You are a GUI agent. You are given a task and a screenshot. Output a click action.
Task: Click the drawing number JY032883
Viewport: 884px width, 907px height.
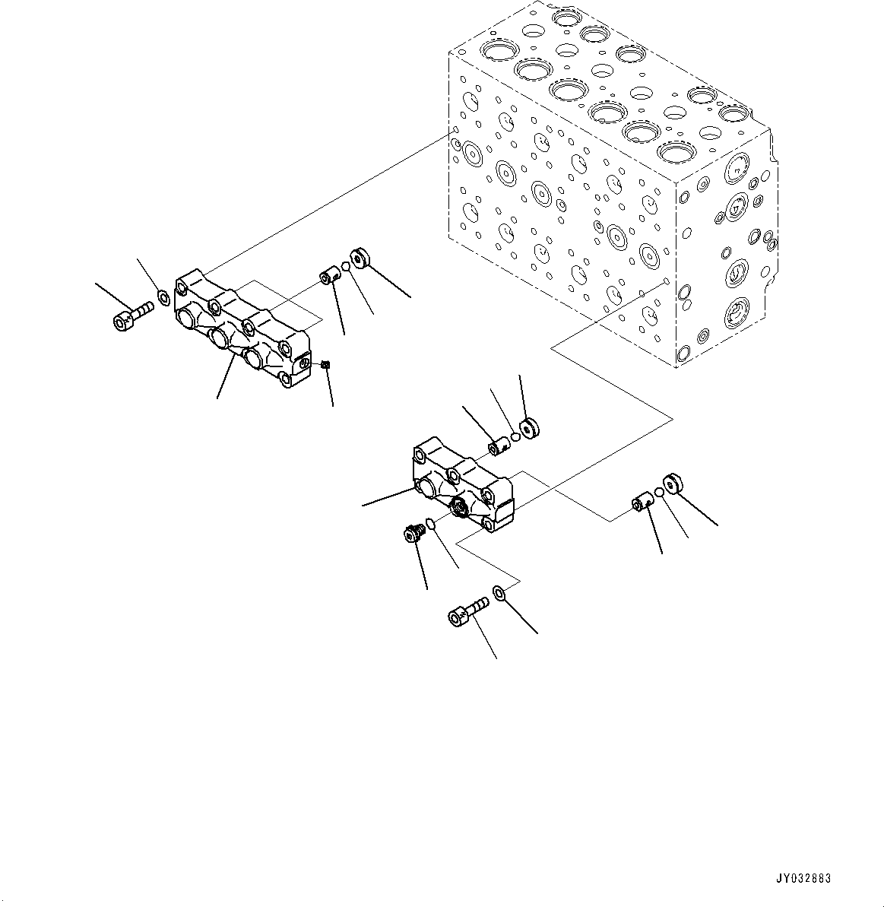(x=803, y=878)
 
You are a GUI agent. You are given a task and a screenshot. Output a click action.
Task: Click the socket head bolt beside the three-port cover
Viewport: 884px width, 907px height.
(x=131, y=316)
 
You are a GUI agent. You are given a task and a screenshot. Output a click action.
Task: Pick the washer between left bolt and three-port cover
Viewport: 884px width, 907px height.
(x=161, y=295)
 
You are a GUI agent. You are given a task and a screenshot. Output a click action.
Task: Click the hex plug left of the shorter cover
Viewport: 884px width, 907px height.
(x=413, y=534)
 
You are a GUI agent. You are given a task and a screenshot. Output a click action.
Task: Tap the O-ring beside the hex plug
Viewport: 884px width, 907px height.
(x=430, y=523)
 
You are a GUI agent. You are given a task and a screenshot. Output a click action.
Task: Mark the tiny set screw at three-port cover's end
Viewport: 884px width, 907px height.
(x=325, y=365)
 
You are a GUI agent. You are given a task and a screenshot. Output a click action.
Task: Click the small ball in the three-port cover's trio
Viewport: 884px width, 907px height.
(x=345, y=266)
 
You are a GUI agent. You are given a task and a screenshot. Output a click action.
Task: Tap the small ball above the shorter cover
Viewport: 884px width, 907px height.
(x=515, y=436)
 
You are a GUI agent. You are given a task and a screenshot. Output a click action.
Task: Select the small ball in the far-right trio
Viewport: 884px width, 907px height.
(x=659, y=493)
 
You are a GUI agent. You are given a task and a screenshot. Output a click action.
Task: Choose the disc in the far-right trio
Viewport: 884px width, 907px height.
(x=673, y=484)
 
